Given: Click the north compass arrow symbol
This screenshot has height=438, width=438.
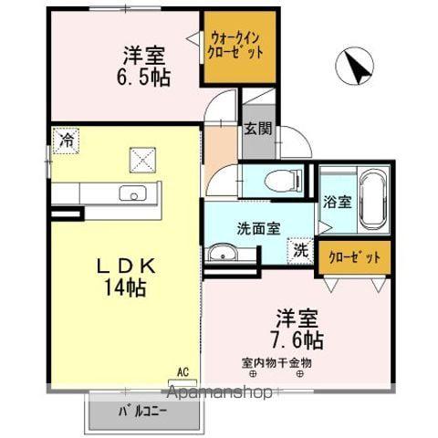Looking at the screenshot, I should click(x=356, y=68).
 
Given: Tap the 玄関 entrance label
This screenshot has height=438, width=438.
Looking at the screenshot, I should click(x=255, y=129).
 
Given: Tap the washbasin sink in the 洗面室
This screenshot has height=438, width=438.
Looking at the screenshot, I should click(x=223, y=252).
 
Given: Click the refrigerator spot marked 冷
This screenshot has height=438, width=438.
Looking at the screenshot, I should click(x=67, y=141).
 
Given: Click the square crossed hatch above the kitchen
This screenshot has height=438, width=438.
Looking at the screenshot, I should click(x=141, y=162).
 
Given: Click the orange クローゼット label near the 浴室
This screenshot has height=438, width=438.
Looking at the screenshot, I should click(x=354, y=257).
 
